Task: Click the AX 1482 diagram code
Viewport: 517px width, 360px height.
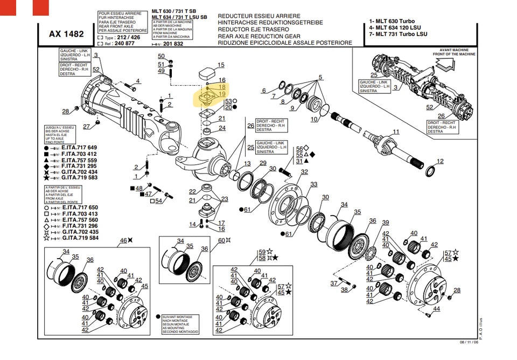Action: (x=66, y=33)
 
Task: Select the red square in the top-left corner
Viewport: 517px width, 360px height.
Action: (x=41, y=8)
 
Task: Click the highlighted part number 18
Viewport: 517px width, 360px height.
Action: (x=222, y=87)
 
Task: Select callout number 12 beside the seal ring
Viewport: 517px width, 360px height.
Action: (x=440, y=161)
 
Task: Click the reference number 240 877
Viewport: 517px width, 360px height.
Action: (x=125, y=44)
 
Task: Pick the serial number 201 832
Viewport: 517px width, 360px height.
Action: (x=173, y=44)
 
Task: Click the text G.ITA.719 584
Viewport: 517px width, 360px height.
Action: (x=80, y=238)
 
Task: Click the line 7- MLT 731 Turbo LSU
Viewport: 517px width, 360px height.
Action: (x=398, y=34)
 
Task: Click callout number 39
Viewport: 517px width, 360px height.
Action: (x=385, y=223)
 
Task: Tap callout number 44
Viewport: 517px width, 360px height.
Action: (x=436, y=309)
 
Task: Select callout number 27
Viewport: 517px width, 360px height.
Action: (x=86, y=127)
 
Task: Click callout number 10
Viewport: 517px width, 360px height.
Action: (x=314, y=119)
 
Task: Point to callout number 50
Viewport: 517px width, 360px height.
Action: (x=161, y=56)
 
